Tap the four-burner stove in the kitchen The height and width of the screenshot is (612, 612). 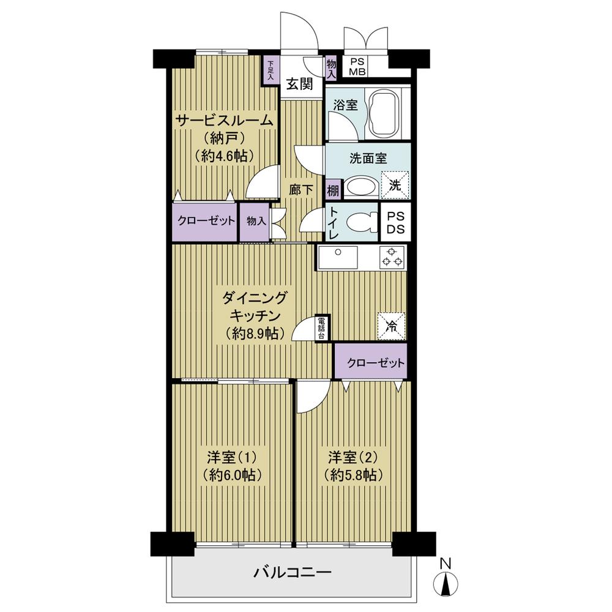coord(392,257)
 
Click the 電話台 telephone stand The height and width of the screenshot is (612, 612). coord(323,328)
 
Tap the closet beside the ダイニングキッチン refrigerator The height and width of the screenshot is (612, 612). coord(370,362)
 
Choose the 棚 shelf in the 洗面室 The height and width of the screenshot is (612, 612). coord(334,190)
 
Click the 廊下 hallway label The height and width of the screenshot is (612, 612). coord(301,190)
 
